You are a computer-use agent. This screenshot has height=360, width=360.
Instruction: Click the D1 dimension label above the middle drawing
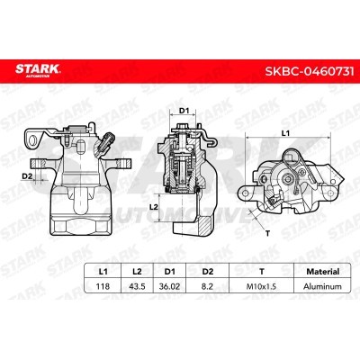pos(184,111)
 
